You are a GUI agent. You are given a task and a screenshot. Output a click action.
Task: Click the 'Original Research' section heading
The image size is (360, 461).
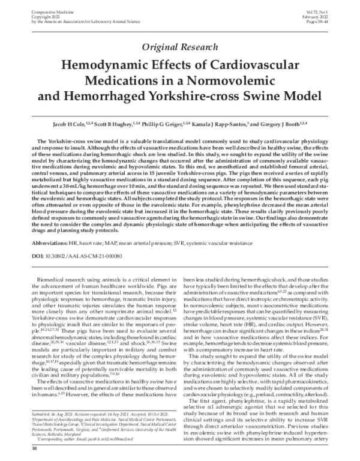click(x=179, y=47)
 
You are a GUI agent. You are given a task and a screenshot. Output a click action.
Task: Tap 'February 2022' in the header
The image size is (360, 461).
click(x=331, y=10)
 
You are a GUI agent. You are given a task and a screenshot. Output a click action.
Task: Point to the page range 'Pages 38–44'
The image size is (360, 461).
click(x=331, y=15)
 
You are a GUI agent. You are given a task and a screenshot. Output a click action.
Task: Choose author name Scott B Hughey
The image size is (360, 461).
click(x=115, y=123)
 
